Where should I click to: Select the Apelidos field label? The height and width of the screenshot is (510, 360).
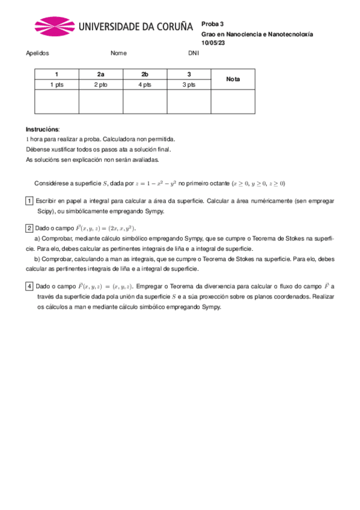click(37, 53)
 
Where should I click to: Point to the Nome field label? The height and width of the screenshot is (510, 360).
click(118, 53)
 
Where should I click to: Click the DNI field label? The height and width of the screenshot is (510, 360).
click(194, 53)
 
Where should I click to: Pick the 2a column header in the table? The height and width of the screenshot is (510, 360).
click(100, 74)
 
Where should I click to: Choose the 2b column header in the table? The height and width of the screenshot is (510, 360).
click(145, 74)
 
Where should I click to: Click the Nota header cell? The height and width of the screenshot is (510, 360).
click(233, 79)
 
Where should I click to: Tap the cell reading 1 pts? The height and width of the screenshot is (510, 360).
click(56, 85)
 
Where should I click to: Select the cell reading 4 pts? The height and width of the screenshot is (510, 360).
click(145, 85)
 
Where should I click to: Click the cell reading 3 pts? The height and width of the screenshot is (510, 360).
click(189, 85)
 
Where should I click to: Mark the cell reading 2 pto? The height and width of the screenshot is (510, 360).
click(100, 85)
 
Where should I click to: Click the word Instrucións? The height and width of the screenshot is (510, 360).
click(42, 129)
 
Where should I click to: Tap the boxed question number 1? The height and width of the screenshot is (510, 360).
click(29, 200)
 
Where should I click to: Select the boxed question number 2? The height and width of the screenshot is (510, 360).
click(29, 229)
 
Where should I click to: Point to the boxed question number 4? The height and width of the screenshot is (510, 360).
click(29, 286)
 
